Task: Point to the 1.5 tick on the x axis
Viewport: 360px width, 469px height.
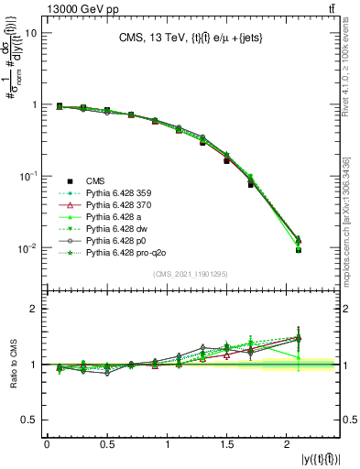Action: point(228,445)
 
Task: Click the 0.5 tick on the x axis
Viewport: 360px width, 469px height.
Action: point(107,445)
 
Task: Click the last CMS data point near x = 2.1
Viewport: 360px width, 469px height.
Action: point(298,249)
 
